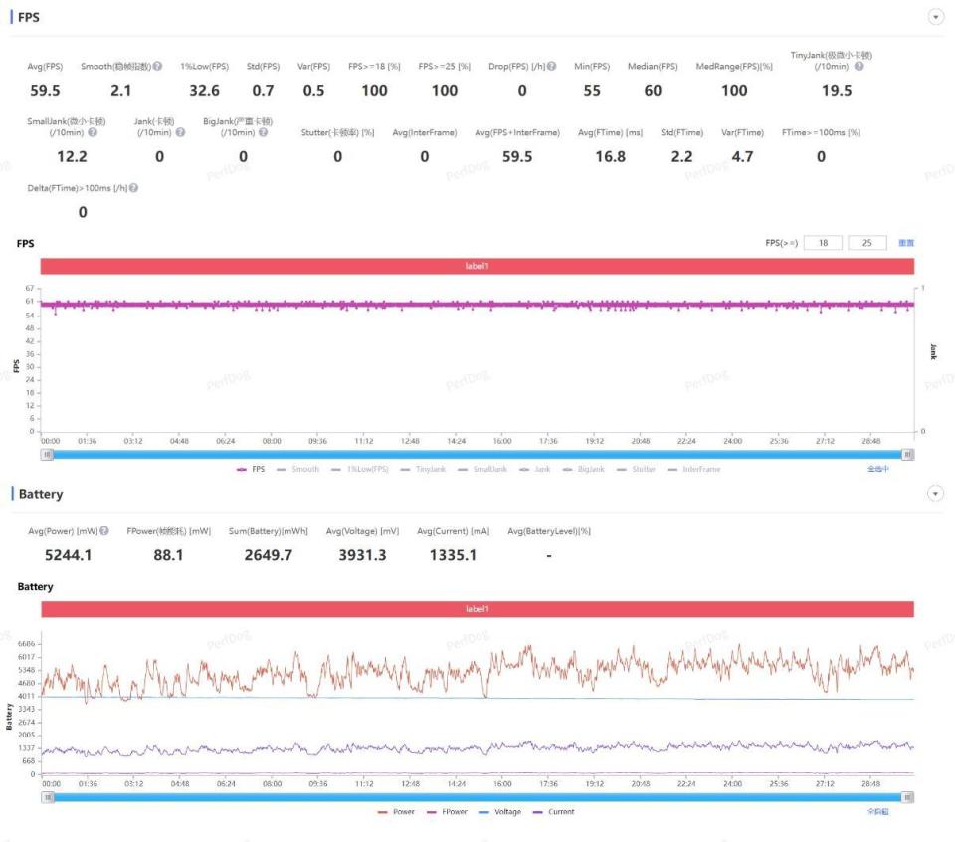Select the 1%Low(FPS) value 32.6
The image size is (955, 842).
(204, 91)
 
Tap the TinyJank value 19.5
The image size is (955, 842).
(837, 91)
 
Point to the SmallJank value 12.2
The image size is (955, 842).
(71, 156)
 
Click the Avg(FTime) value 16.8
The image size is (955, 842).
(609, 156)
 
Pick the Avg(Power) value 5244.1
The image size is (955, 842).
(69, 555)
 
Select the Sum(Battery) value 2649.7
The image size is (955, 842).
(269, 555)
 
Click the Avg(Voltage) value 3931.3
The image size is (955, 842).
(361, 555)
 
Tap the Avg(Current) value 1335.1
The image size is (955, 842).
(453, 555)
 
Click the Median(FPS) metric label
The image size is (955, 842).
(653, 67)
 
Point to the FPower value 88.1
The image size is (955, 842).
(168, 555)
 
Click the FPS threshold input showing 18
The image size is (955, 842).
(822, 243)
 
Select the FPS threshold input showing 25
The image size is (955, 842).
(867, 243)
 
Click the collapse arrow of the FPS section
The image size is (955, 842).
(934, 17)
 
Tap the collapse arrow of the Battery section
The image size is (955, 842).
(934, 494)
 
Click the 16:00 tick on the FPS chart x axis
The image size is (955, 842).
(502, 440)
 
